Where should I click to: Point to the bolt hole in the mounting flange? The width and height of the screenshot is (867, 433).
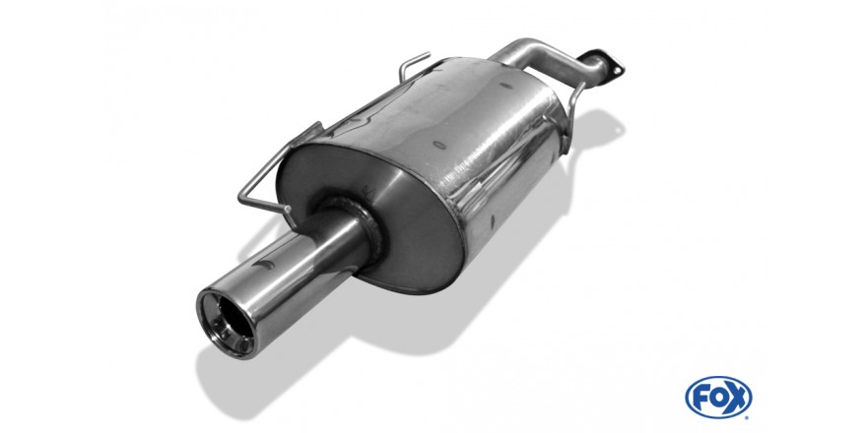(x=611, y=69)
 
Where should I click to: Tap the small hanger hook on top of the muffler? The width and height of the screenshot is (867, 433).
(x=413, y=65)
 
